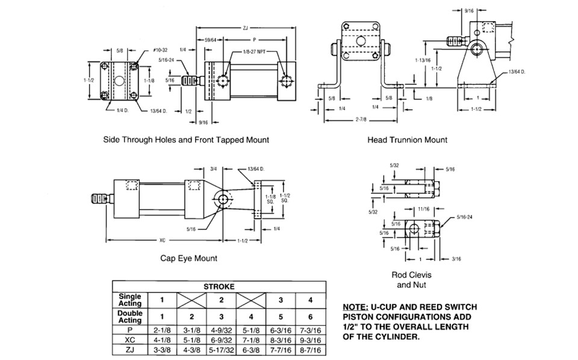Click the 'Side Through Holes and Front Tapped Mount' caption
coord(186,140)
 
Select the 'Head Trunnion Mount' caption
coord(407,140)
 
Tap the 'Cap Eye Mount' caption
coord(188,258)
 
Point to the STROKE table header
coord(219,287)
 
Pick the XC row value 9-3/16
coord(311,340)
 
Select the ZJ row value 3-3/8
coord(162,350)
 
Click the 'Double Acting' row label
coord(130,317)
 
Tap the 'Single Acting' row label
coord(130,300)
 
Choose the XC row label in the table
coord(130,340)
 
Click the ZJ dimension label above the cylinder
coord(246,28)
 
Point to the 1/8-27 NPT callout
coord(254,52)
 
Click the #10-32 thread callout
coord(160,51)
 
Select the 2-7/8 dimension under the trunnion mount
coord(361,120)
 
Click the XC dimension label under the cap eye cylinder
coord(162,240)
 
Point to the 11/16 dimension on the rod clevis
coord(423,209)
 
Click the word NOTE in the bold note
coord(355,307)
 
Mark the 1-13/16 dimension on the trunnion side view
coord(423,60)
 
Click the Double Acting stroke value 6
coord(311,317)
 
